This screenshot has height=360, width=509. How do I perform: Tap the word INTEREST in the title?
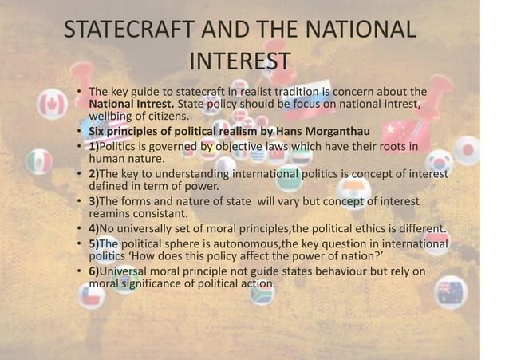tap(240, 61)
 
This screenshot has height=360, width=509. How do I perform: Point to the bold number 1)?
tap(94, 148)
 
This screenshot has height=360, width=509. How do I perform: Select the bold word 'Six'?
tap(98, 132)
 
